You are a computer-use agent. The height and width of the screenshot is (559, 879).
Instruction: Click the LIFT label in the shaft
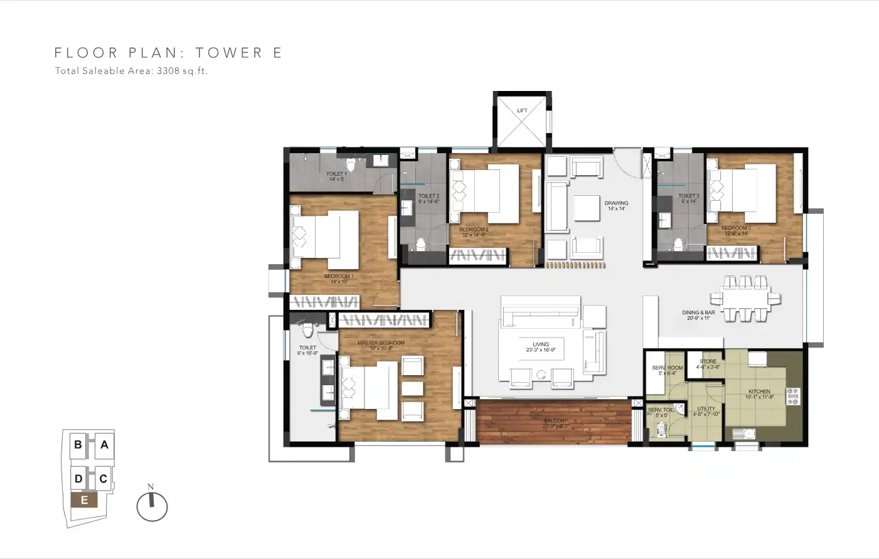coord(522,110)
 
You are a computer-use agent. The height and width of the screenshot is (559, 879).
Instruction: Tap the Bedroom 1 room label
coord(339,279)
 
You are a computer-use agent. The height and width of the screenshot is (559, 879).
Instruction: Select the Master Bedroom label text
coord(381,345)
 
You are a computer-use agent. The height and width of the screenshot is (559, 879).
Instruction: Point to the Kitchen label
coord(759,394)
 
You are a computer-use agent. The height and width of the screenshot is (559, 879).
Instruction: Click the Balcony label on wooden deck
coord(555,423)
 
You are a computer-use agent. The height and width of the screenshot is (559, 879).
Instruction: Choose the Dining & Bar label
coord(698,315)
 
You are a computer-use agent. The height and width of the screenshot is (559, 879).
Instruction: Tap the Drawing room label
coord(616,205)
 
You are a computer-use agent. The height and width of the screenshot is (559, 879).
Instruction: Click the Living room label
coord(541,347)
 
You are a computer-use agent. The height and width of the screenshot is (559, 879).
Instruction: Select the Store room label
coord(708,364)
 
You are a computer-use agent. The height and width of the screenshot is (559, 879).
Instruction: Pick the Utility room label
coord(706,411)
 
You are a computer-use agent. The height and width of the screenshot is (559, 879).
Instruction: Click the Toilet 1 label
coord(336,176)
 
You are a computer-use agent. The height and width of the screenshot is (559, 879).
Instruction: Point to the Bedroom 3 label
coord(735,230)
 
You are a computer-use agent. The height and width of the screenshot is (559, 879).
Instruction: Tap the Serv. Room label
coord(667,370)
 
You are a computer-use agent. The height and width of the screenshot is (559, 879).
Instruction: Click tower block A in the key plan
coord(104,445)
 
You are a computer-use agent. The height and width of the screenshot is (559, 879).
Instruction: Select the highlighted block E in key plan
coord(84,500)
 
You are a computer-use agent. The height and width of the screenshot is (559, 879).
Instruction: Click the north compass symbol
coord(152,506)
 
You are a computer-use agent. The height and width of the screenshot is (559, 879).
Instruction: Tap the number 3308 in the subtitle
coord(168,71)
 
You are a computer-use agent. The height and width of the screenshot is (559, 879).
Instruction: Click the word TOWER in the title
coord(229,53)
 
